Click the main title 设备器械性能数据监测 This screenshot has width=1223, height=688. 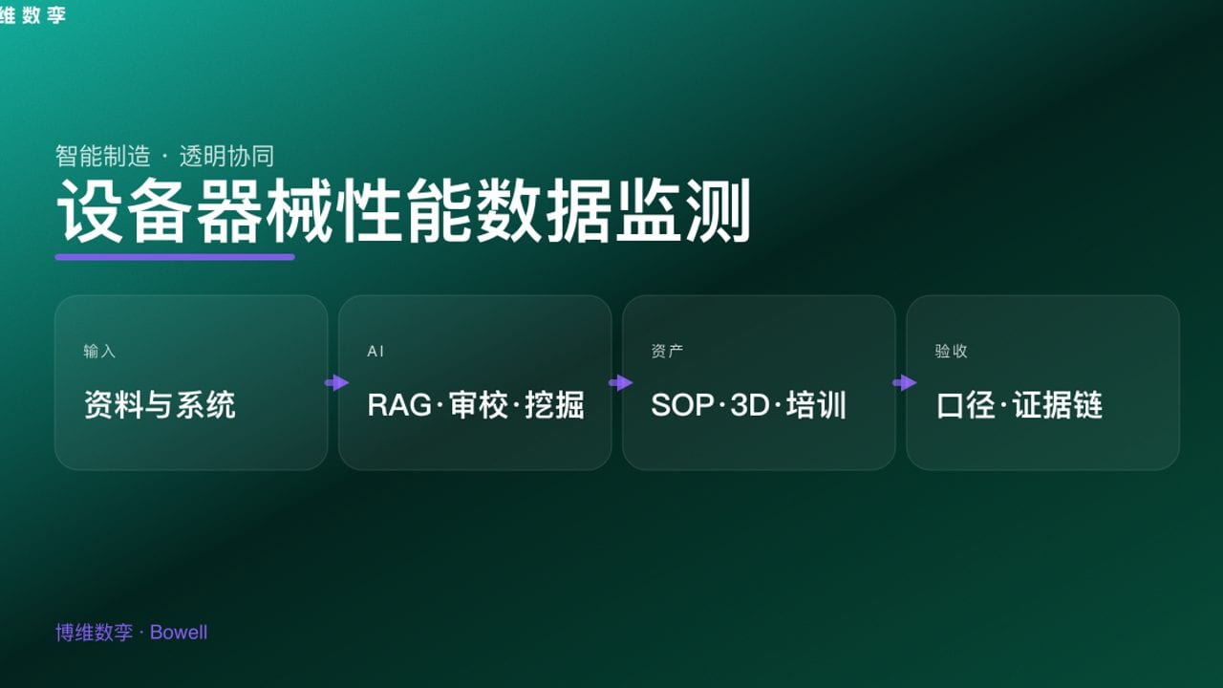pyautogui.click(x=403, y=211)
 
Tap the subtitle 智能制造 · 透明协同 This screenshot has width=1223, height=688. pyautogui.click(x=165, y=156)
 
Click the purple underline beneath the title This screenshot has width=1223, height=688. pyautogui.click(x=175, y=257)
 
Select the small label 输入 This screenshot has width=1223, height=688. pyautogui.click(x=99, y=352)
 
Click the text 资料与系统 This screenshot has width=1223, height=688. pyautogui.click(x=160, y=405)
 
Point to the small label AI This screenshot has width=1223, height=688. pyautogui.click(x=375, y=352)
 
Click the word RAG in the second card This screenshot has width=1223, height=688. pyautogui.click(x=399, y=405)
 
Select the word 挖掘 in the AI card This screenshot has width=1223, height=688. pyautogui.click(x=554, y=405)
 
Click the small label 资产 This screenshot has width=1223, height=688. pyautogui.click(x=667, y=352)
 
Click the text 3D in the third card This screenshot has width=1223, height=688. pyautogui.click(x=749, y=405)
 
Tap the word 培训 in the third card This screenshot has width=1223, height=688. pyautogui.click(x=817, y=405)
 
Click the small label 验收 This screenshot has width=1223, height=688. pyautogui.click(x=951, y=352)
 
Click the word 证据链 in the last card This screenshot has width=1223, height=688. pyautogui.click(x=1058, y=405)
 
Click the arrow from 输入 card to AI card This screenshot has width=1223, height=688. pyautogui.click(x=336, y=383)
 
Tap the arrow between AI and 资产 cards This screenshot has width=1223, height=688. pyautogui.click(x=620, y=383)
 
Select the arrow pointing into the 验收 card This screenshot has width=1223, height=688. pyautogui.click(x=904, y=383)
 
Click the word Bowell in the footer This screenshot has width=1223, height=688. pyautogui.click(x=179, y=633)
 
